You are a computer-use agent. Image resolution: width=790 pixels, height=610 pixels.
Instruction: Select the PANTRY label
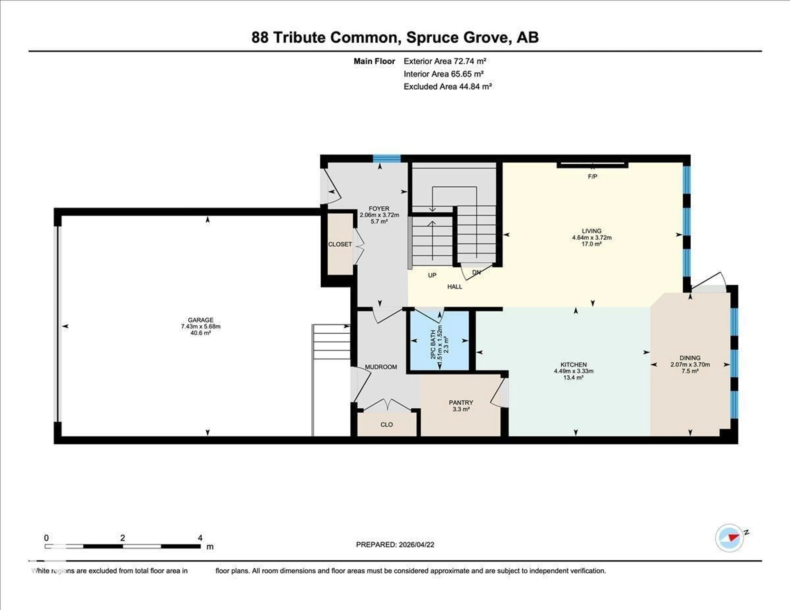[461, 402]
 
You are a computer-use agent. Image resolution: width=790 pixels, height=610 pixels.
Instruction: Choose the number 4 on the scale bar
[200, 538]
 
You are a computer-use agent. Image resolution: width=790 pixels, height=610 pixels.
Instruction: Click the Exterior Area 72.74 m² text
[445, 61]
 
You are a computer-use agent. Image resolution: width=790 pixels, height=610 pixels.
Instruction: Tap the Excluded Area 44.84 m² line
[447, 86]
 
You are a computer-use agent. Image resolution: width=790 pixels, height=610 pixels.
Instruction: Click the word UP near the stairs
[432, 275]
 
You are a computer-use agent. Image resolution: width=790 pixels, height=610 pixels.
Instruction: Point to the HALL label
[455, 287]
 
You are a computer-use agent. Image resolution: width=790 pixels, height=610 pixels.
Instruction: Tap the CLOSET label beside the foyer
[340, 245]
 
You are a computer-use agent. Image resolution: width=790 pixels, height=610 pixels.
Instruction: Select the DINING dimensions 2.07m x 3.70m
[690, 364]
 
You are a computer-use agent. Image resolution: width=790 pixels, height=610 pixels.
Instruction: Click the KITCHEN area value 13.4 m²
[573, 378]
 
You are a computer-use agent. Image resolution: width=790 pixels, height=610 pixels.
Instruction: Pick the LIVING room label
[591, 231]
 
